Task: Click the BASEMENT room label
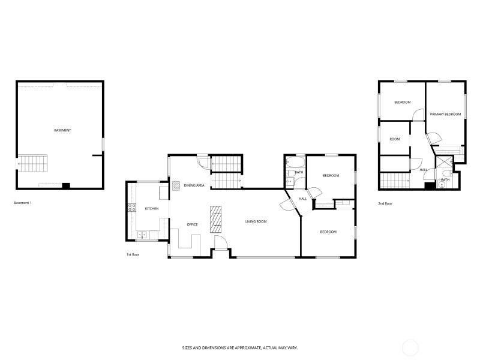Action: coord(62,130)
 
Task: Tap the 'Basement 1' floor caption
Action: coord(23,203)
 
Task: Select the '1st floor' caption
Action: coord(133,254)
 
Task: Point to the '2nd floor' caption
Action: coord(385,203)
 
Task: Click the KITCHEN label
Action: coord(152,209)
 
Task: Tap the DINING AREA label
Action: coord(194,185)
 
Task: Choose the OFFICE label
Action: coord(192,224)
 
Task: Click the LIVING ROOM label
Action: coord(256,221)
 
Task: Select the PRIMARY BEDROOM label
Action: coord(445,115)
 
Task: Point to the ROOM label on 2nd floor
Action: coord(395,139)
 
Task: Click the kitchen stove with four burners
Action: coord(131,208)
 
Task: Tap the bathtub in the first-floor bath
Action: coord(295,162)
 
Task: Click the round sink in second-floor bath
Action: coord(441,185)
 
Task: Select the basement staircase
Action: coord(33,163)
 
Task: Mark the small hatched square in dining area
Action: coord(176,186)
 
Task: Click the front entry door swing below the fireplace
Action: coord(220,243)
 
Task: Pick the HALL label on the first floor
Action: coord(303,199)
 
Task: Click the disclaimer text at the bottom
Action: coord(240,348)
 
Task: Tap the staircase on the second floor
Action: coord(395,181)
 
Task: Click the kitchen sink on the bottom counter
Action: coord(142,235)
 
